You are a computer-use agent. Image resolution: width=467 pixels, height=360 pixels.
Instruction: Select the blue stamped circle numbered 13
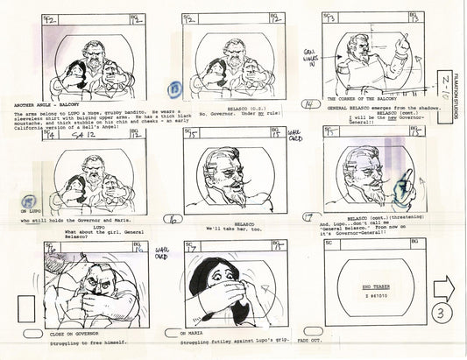tap(175, 89)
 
